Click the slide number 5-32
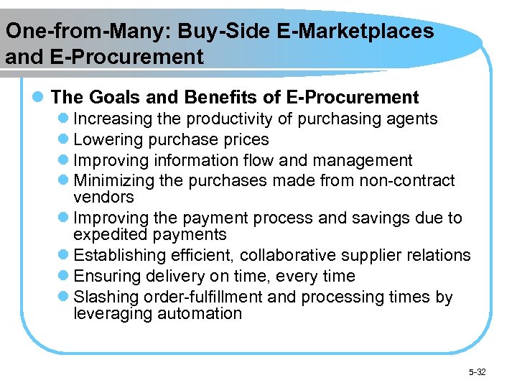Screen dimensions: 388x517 [477, 371]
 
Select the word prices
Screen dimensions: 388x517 [245, 139]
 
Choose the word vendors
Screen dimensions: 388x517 [103, 197]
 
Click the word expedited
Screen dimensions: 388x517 [111, 235]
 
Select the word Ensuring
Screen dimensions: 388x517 [107, 276]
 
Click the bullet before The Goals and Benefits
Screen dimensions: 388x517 [41, 97]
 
